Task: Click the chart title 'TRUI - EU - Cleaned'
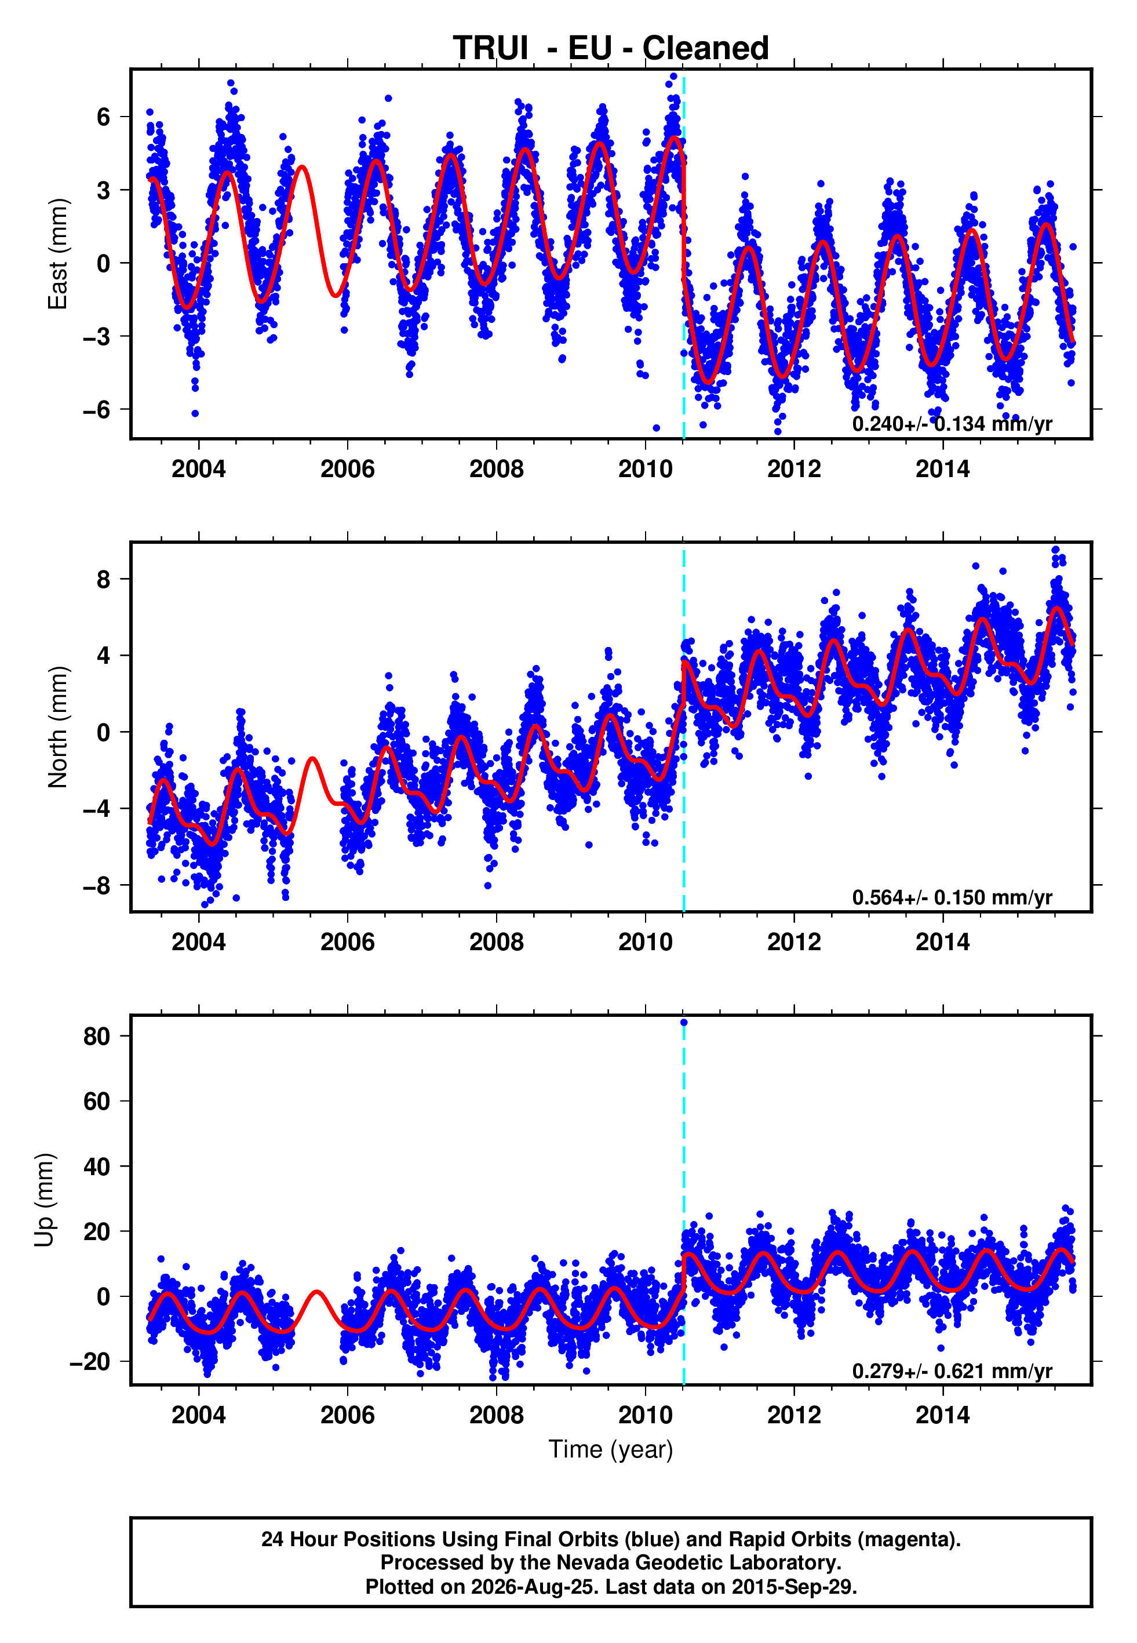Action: click(x=611, y=49)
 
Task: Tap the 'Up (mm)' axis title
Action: click(x=44, y=1200)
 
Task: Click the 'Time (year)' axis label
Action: click(x=611, y=1449)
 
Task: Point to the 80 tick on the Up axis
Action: click(x=97, y=1036)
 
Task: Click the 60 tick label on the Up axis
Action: click(x=97, y=1101)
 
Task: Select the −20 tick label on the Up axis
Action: click(x=90, y=1362)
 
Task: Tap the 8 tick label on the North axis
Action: click(x=104, y=579)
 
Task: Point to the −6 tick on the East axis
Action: click(x=97, y=410)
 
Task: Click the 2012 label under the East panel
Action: click(x=793, y=469)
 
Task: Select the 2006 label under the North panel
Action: click(x=347, y=942)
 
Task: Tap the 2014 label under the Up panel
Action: click(x=942, y=1415)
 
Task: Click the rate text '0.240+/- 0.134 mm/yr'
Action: click(x=952, y=424)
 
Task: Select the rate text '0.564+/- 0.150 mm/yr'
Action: click(x=952, y=897)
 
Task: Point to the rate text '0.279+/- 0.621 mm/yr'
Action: click(x=952, y=1371)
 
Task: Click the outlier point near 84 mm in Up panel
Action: click(x=684, y=1023)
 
